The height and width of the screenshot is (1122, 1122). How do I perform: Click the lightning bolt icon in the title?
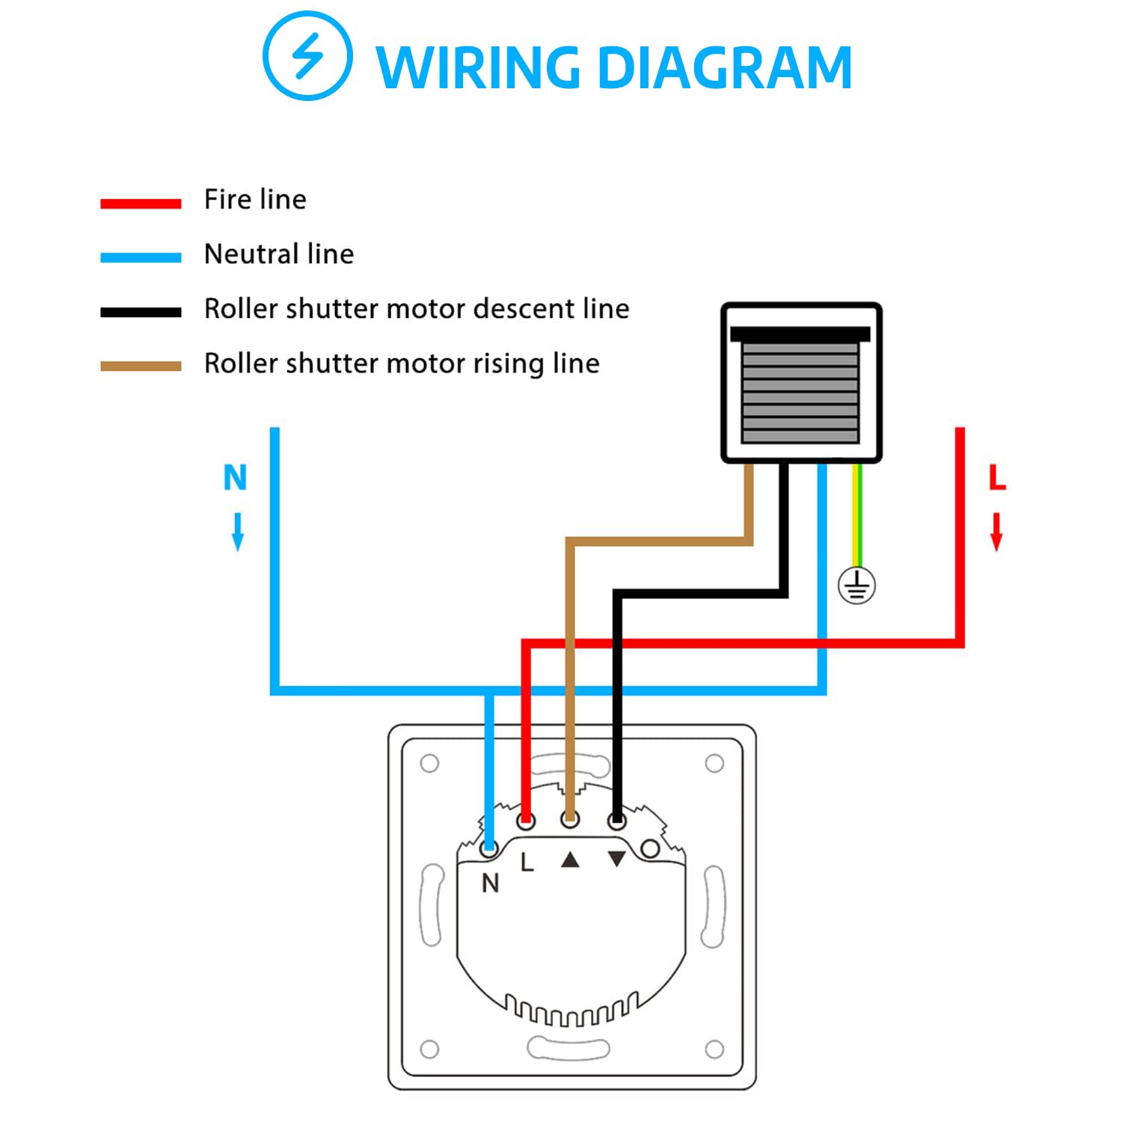click(x=307, y=56)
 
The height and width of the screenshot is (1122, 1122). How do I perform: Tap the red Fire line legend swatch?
click(x=141, y=203)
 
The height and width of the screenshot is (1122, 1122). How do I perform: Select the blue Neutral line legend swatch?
click(x=141, y=257)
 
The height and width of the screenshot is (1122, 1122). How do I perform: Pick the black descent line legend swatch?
click(x=141, y=312)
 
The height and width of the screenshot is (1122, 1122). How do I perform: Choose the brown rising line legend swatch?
click(x=141, y=367)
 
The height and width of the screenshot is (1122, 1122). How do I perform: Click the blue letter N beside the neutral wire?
click(x=236, y=477)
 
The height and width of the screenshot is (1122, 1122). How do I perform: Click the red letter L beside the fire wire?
click(x=997, y=477)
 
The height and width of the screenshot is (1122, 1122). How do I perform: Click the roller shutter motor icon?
click(x=801, y=383)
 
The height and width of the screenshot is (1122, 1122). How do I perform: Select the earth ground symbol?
click(x=856, y=585)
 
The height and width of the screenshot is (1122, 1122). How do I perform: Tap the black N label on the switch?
click(x=490, y=883)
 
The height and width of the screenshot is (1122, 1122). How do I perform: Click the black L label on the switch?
click(x=527, y=862)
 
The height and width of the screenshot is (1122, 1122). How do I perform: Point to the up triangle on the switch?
click(x=571, y=860)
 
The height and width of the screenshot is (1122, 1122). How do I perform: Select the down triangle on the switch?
click(x=616, y=859)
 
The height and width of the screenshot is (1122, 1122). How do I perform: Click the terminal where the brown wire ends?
click(x=570, y=820)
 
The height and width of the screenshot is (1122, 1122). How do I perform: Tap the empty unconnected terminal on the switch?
click(x=650, y=848)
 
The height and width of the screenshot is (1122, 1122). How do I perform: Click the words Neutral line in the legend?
click(x=279, y=254)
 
